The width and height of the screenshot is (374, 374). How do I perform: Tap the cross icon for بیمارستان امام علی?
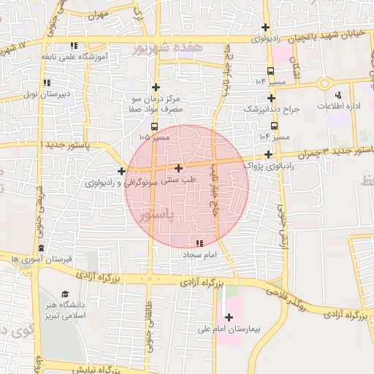pyautogui.click(x=229, y=318)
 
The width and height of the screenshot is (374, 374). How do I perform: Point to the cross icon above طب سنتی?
pyautogui.click(x=178, y=169)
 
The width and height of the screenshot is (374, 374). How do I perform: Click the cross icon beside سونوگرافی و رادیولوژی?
pyautogui.click(x=121, y=172)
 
